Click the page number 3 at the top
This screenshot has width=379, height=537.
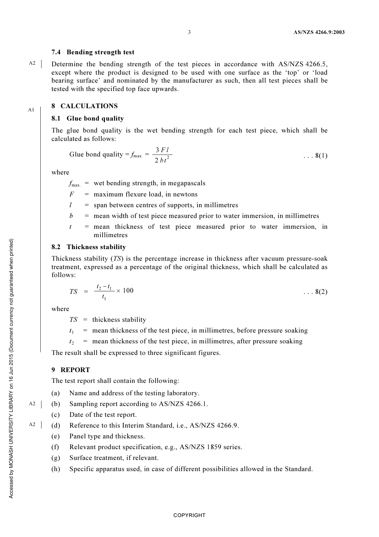point(189,32)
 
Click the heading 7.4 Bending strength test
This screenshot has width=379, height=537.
point(93,52)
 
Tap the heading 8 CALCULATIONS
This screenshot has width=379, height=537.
point(85,106)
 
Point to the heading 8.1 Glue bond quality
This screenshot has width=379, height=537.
point(88,119)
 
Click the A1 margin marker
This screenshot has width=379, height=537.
point(31,110)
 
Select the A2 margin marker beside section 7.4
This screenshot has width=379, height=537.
point(32,63)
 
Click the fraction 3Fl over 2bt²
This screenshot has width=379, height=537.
point(162,155)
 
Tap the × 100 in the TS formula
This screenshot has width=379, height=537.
point(125,291)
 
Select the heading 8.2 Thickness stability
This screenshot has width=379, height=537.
point(89,247)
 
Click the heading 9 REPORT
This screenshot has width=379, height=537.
point(71,370)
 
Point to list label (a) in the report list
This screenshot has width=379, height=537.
point(55,393)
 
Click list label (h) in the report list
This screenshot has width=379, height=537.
point(55,469)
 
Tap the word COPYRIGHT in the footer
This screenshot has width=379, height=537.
point(189,515)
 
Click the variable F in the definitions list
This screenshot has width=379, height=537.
point(71,194)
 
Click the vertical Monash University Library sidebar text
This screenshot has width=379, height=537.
point(11,368)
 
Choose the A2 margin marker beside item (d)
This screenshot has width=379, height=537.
point(32,425)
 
